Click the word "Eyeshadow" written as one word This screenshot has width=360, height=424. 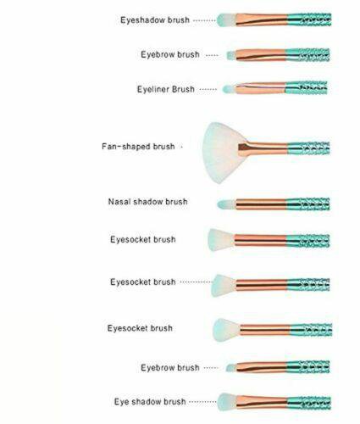click(143, 20)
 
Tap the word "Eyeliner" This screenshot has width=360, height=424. click(153, 89)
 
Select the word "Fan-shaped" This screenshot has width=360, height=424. click(126, 147)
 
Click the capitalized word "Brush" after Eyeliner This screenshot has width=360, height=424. click(183, 89)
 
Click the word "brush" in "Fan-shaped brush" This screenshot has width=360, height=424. click(163, 147)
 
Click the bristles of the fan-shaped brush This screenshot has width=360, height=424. click(223, 153)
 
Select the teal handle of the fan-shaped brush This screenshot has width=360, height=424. click(308, 148)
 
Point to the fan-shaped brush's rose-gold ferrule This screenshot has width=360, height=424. click(263, 148)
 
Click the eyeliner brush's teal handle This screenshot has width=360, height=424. click(306, 88)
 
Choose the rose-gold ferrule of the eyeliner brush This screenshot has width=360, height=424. click(260, 88)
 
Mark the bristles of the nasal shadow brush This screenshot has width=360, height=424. click(226, 204)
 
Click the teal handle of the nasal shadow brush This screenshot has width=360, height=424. click(307, 204)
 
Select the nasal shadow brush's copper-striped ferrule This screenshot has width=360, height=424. click(261, 204)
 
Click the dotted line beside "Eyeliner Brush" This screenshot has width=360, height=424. click(208, 89)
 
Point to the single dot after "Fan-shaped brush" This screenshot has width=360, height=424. click(181, 147)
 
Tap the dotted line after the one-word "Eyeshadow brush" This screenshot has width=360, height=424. click(204, 20)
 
